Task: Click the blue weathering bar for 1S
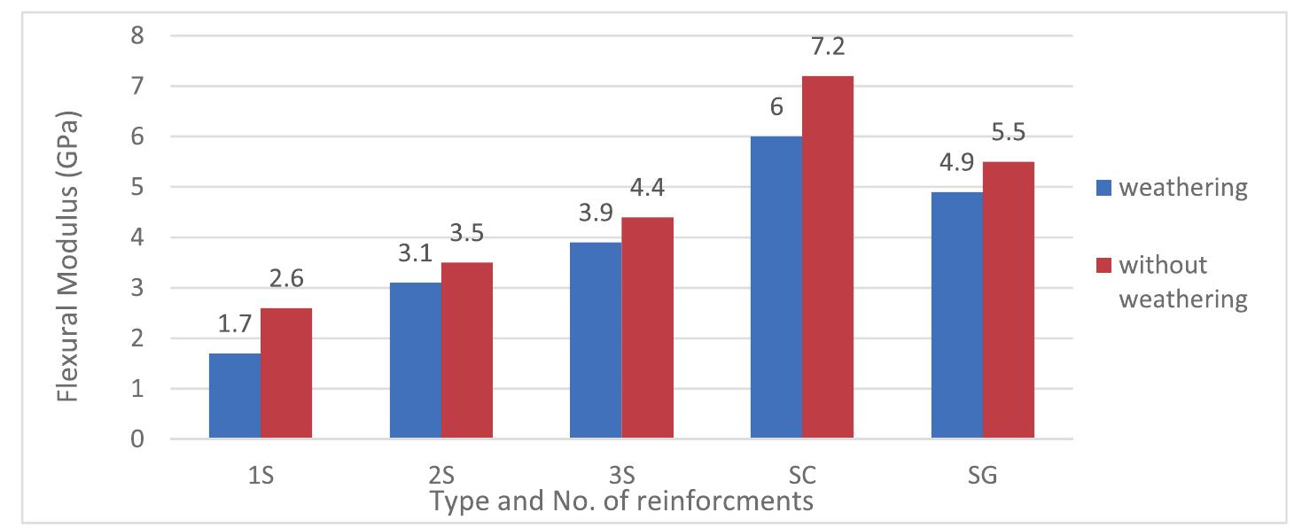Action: [x=234, y=396]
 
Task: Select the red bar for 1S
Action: [x=285, y=373]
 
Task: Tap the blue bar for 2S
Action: [x=415, y=361]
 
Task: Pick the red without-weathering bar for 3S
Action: [x=647, y=328]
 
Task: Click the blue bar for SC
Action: [x=776, y=288]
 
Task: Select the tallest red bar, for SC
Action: [x=828, y=257]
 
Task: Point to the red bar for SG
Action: [x=1009, y=300]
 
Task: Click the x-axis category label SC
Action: [x=802, y=475]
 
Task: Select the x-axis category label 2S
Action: [x=440, y=475]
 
